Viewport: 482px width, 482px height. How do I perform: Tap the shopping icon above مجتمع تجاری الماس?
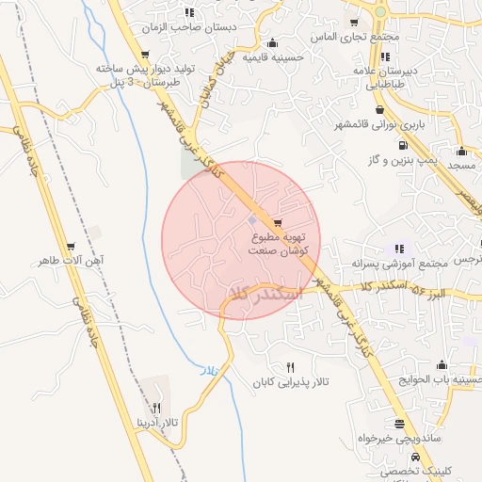tap(354, 23)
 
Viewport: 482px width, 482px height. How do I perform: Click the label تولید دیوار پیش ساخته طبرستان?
tap(130, 75)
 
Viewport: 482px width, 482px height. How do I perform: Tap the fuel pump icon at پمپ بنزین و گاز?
tap(403, 145)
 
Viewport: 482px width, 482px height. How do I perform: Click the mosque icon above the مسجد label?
tap(461, 151)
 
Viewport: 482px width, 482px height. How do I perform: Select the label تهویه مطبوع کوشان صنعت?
tap(283, 246)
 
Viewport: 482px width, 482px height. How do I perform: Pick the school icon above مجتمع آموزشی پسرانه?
tap(399, 249)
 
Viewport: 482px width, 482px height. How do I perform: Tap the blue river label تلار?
tap(208, 373)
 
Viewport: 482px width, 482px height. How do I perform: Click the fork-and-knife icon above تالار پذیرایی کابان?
tap(290, 367)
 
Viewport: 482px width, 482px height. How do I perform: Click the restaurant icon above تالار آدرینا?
tap(157, 408)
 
